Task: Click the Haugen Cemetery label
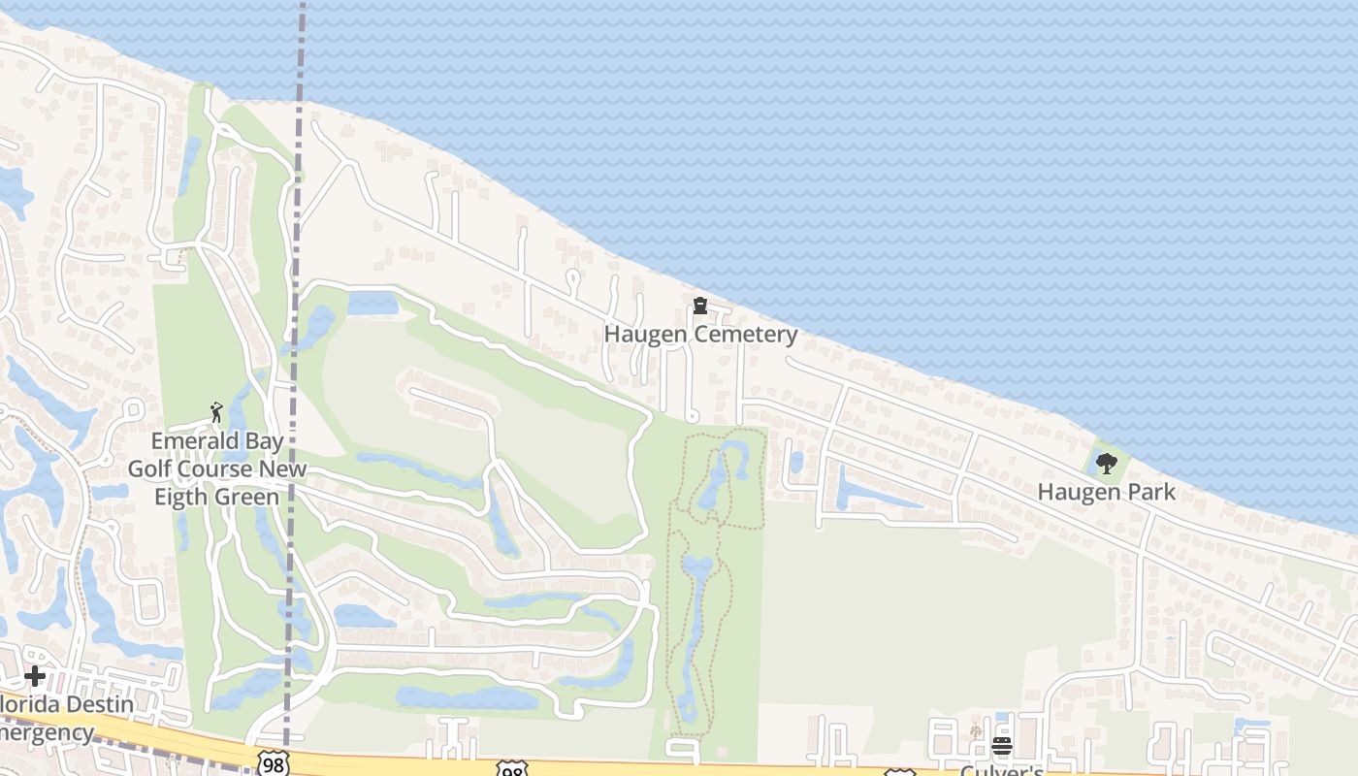(x=700, y=335)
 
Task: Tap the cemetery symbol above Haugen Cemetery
(x=699, y=307)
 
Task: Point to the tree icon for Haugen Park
(x=1106, y=464)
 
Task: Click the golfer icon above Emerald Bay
(x=216, y=413)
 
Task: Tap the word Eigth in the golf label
(x=183, y=498)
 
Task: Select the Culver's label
(x=1001, y=771)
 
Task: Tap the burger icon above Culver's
(x=1001, y=746)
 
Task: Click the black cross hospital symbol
(x=35, y=675)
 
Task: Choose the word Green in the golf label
(x=248, y=498)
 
